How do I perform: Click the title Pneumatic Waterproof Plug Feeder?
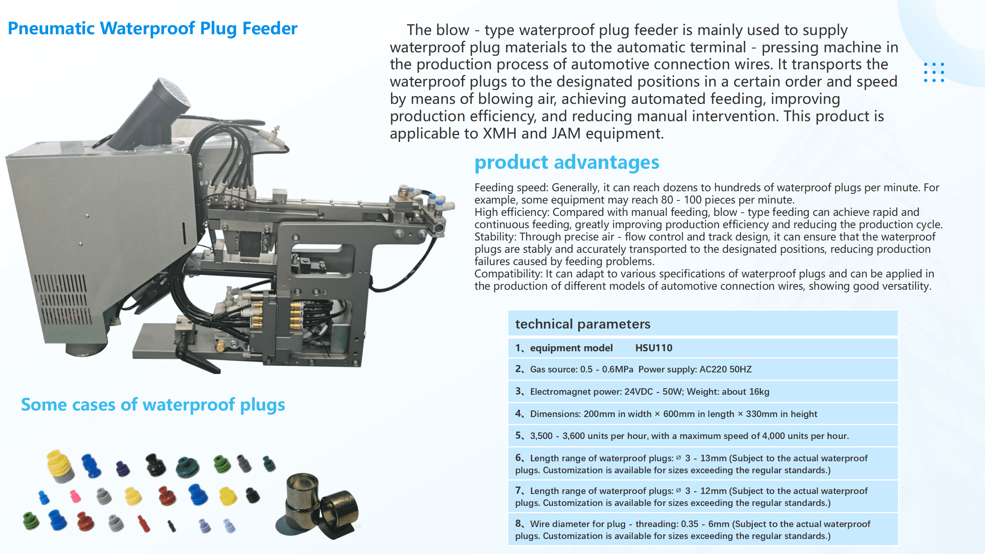click(152, 28)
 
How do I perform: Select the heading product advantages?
click(566, 162)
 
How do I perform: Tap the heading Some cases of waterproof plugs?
click(153, 405)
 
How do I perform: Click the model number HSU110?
click(653, 348)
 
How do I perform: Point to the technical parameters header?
click(583, 324)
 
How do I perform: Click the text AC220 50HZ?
click(725, 370)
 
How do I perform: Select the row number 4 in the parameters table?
click(519, 414)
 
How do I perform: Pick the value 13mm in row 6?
click(713, 458)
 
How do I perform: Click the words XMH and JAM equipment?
click(573, 134)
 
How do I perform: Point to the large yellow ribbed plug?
click(60, 466)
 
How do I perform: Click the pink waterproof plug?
click(75, 496)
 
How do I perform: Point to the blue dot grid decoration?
click(934, 72)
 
